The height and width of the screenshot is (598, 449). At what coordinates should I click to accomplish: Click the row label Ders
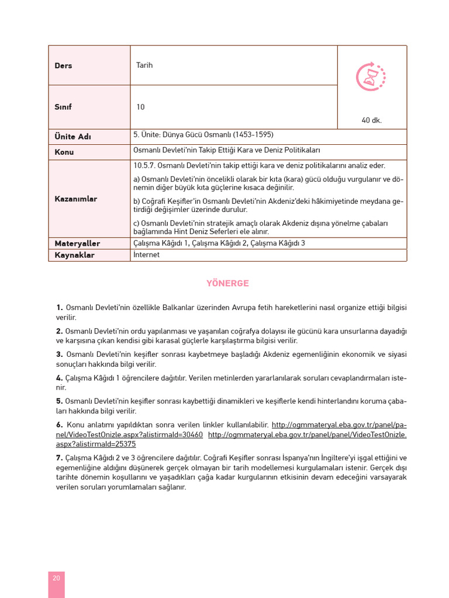[63, 65]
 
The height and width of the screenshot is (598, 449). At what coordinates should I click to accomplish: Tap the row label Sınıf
[63, 107]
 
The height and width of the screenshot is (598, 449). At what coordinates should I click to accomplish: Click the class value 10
[140, 107]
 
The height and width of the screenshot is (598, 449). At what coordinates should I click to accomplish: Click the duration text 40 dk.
[371, 120]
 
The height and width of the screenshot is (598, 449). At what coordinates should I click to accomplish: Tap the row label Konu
[64, 152]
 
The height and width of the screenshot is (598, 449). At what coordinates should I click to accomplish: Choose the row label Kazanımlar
[76, 199]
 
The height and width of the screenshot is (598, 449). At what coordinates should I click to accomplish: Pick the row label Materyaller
[77, 244]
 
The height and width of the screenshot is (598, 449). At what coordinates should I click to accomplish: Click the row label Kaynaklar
[74, 255]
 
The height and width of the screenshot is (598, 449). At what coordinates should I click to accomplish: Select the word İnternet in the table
[146, 255]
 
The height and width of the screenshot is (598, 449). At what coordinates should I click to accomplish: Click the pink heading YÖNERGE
[227, 283]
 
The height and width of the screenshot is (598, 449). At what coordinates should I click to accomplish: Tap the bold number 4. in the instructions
[60, 378]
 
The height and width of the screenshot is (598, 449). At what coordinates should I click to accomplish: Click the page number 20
[56, 578]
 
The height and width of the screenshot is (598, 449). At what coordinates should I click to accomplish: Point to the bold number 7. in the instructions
[60, 457]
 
